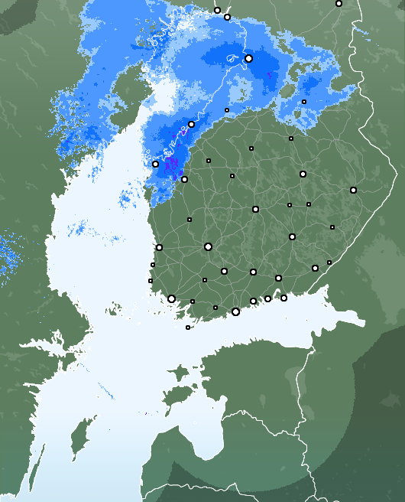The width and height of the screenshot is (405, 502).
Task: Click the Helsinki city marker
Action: click(x=235, y=311)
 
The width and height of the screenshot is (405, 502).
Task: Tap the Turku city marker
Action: click(x=172, y=298)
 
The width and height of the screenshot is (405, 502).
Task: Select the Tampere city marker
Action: click(x=208, y=246)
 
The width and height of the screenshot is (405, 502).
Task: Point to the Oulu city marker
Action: click(x=191, y=125)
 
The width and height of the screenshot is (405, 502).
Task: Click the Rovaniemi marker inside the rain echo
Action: click(x=248, y=58)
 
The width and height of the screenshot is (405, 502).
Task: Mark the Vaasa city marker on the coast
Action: click(x=155, y=164)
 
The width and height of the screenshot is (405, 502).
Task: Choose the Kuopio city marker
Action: click(x=303, y=174)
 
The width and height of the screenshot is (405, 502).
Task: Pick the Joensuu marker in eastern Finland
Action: click(x=353, y=190)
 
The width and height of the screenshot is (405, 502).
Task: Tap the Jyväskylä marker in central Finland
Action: click(x=255, y=209)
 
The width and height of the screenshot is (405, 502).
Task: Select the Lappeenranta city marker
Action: click(x=315, y=268)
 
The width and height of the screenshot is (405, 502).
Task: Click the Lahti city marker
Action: click(x=253, y=272)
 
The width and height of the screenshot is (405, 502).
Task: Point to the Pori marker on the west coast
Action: click(x=159, y=247)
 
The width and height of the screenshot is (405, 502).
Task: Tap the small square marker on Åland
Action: click(x=188, y=328)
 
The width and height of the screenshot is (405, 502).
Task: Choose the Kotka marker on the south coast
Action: click(x=283, y=298)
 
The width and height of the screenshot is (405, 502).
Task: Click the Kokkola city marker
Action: click(x=184, y=179)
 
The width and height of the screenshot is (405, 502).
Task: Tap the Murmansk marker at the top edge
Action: click(x=339, y=4)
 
